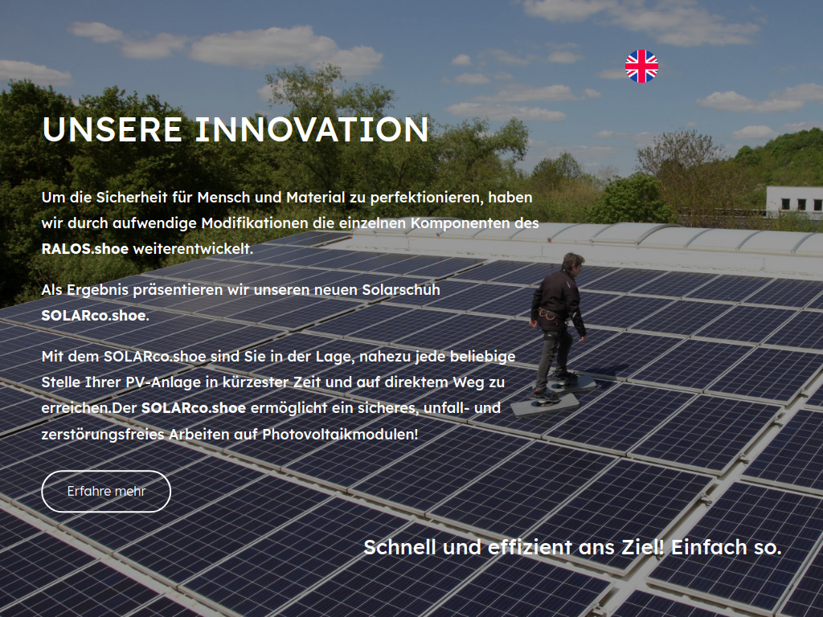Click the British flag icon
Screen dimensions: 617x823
[641, 67]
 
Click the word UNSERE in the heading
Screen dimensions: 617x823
[111, 129]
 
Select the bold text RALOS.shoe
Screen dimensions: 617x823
[84, 249]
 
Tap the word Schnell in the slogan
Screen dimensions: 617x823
[400, 548]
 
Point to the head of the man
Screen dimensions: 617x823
[572, 264]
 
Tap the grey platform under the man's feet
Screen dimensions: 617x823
[545, 403]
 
